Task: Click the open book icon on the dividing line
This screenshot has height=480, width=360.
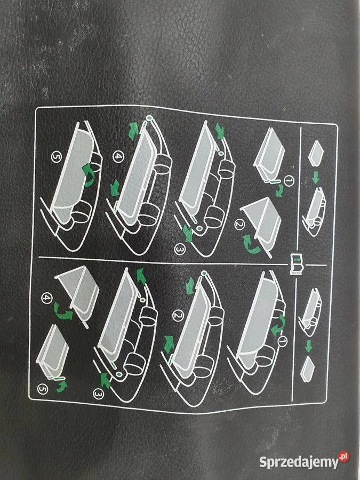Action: click(297, 264)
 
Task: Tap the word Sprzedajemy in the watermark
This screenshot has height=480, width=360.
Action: click(299, 462)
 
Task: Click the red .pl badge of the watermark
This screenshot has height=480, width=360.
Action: click(344, 457)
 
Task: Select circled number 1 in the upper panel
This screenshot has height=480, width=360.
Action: click(289, 181)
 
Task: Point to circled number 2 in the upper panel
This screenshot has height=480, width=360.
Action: click(239, 225)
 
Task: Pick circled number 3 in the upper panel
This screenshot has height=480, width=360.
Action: click(180, 249)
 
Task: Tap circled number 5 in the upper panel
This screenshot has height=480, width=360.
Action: click(56, 157)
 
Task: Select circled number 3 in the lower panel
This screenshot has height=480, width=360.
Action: click(98, 394)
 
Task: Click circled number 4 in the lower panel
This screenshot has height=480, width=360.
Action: click(46, 298)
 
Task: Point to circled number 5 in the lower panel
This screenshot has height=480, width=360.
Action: click(43, 389)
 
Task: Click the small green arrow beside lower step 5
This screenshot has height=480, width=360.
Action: click(62, 386)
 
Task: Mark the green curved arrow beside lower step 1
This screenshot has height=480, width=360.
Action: click(279, 326)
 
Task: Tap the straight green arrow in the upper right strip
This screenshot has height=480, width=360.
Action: click(316, 177)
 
